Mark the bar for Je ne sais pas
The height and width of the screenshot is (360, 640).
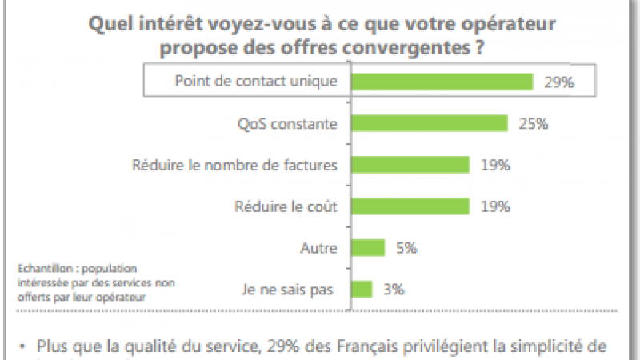pos(362,289)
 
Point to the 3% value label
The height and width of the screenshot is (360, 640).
pos(392,289)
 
